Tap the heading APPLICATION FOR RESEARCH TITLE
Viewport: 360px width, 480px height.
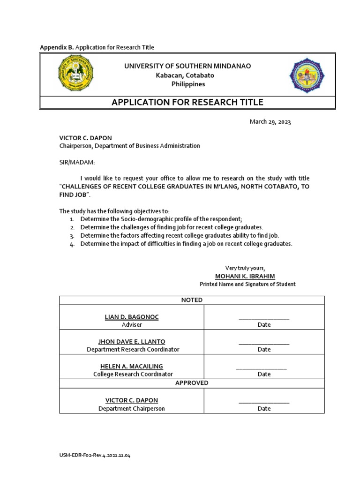click(x=187, y=102)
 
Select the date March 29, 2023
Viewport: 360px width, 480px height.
click(x=270, y=122)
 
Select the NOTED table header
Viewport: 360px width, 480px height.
click(x=192, y=300)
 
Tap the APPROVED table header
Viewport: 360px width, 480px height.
click(x=192, y=383)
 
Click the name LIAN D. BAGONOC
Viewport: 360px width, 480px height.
click(x=132, y=317)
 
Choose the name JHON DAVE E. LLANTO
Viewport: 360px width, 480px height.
click(x=133, y=341)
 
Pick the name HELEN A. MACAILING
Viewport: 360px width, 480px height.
click(x=132, y=366)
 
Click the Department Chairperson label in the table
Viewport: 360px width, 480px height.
click(x=132, y=408)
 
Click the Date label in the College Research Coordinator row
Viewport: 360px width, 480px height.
click(x=264, y=374)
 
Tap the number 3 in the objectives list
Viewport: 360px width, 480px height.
click(x=72, y=236)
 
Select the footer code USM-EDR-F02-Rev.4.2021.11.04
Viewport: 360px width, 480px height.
click(x=95, y=455)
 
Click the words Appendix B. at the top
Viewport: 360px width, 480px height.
click(x=57, y=47)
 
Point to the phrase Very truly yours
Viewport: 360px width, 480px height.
click(x=245, y=268)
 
